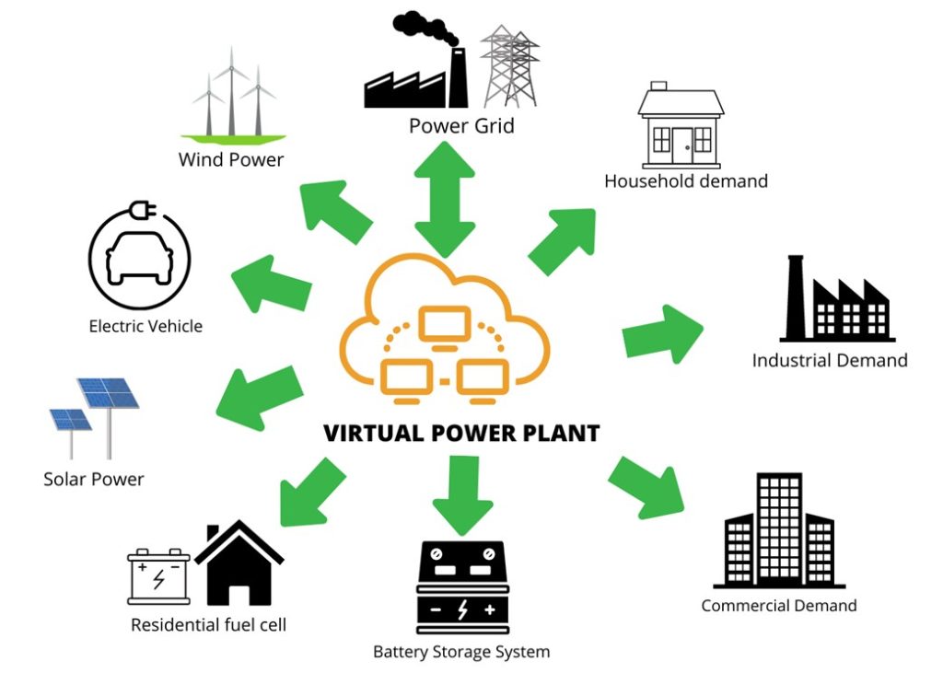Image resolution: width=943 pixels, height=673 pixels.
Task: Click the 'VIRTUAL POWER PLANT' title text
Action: point(461,433)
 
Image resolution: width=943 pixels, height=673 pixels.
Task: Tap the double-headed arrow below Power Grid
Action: point(445,200)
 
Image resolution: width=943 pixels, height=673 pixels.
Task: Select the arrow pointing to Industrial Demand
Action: point(662,334)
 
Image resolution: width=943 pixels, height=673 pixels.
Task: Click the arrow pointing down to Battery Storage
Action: point(462,494)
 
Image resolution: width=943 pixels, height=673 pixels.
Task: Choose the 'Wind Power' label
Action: point(231,159)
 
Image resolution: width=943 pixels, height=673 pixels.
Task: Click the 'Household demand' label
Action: point(686,181)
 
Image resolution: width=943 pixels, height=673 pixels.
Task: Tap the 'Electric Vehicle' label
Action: point(146,326)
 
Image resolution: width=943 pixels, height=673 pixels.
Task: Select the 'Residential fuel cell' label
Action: point(208,625)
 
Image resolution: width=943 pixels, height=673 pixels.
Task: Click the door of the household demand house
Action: point(682,145)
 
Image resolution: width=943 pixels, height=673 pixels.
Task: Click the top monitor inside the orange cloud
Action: point(445,325)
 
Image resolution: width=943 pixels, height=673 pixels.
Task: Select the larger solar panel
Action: point(109,393)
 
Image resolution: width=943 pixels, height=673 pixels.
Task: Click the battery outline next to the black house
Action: point(158,576)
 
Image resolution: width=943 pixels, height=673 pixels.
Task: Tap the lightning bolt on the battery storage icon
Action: point(462,609)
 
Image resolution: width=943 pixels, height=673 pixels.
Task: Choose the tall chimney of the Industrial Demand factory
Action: point(795,296)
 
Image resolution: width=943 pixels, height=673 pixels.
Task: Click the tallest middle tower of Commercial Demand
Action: point(779,529)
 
